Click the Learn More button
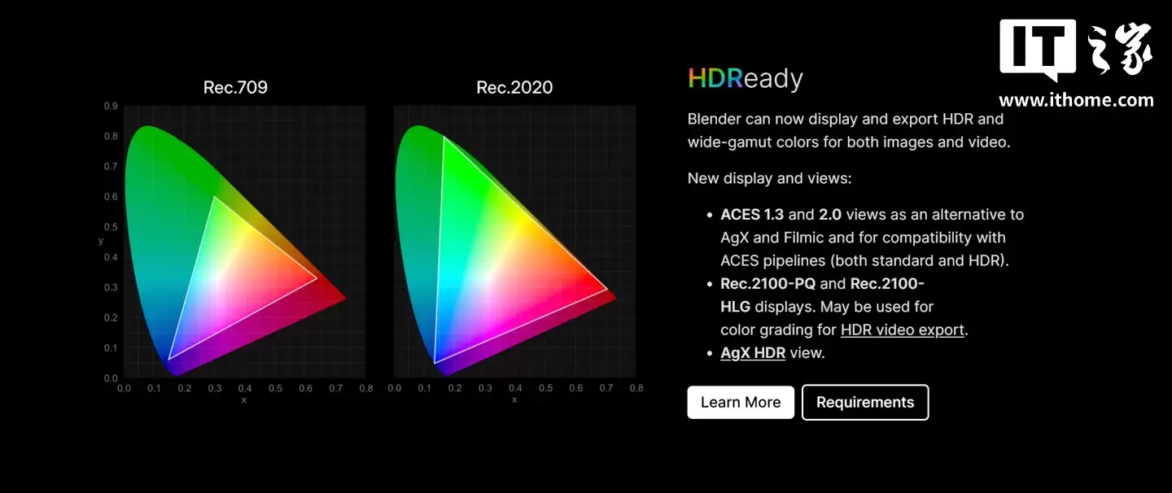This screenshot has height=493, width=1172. [741, 403]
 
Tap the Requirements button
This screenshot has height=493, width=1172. [865, 403]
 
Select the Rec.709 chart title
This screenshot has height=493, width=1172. [235, 87]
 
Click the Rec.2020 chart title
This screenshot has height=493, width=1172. [514, 87]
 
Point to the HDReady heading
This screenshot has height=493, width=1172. [746, 79]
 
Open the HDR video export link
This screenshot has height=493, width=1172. [903, 329]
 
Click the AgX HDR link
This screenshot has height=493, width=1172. [753, 352]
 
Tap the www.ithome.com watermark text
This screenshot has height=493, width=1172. [1076, 100]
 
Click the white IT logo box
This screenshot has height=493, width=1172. [1038, 50]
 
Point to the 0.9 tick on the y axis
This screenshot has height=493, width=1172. [110, 106]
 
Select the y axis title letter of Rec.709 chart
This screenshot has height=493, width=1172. [101, 241]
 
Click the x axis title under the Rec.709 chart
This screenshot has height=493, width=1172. [243, 399]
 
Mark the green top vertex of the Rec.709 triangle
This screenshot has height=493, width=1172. [214, 197]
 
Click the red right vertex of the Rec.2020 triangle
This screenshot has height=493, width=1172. [607, 289]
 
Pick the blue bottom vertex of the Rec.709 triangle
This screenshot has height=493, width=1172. [168, 360]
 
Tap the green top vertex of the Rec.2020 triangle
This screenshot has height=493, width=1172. [444, 137]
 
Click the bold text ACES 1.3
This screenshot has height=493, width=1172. [752, 215]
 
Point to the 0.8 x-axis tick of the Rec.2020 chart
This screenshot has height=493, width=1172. [636, 388]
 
